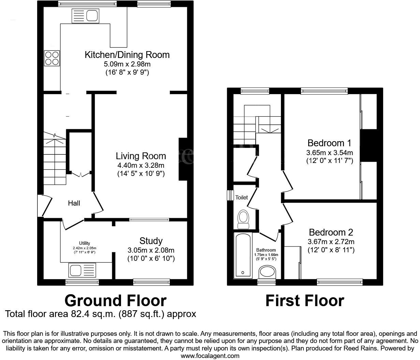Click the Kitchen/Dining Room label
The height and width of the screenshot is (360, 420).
(127, 55)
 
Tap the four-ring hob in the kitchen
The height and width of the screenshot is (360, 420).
(52, 58)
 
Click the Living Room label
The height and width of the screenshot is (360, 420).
(141, 156)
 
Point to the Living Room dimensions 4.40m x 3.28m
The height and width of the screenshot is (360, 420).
(141, 165)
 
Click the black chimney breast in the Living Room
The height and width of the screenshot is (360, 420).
(183, 159)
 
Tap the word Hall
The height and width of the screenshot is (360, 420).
(74, 203)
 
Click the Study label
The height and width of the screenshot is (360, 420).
(151, 241)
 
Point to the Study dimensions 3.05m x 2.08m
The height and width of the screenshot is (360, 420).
(151, 250)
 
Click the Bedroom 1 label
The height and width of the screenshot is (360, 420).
(329, 143)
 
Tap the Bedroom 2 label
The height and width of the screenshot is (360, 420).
(331, 232)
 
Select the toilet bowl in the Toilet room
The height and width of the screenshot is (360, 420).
(243, 218)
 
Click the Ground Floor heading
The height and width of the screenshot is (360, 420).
(115, 301)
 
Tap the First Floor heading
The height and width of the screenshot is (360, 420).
(304, 301)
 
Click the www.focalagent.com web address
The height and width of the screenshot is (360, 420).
(210, 356)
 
